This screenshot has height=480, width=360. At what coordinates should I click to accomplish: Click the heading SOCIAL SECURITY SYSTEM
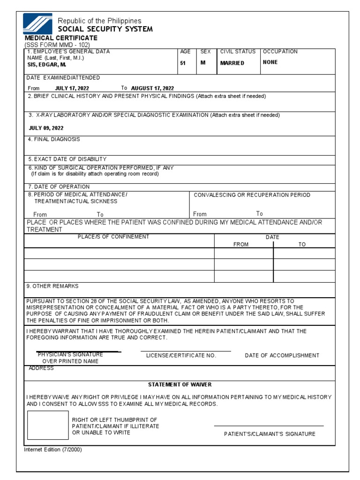point(105,29)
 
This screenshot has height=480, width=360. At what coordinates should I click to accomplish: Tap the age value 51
point(183,63)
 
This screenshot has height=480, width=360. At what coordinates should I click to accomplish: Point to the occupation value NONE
point(270,62)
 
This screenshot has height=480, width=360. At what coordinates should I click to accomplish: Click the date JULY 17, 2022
point(72,88)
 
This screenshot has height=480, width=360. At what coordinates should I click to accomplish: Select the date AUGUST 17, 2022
point(152,88)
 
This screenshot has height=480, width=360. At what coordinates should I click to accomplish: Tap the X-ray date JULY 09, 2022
point(46,128)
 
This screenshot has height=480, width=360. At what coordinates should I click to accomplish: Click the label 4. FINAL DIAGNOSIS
point(54,139)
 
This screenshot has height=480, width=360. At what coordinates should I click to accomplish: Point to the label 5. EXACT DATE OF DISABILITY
point(67,159)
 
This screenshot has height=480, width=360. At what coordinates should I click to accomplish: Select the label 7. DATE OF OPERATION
point(59,187)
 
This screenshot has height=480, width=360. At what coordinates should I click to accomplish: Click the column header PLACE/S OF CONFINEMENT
point(113,237)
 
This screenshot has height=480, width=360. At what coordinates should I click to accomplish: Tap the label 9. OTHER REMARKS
point(53,286)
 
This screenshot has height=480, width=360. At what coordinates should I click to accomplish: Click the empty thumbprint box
point(48,425)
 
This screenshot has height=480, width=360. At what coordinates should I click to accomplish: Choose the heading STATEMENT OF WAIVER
point(180,384)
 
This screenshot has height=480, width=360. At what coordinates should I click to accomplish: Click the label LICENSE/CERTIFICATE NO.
point(181,356)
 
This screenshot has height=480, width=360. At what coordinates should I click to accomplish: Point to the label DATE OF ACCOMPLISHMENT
point(282,356)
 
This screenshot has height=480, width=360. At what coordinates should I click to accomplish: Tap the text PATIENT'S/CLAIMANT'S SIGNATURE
point(270,434)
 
